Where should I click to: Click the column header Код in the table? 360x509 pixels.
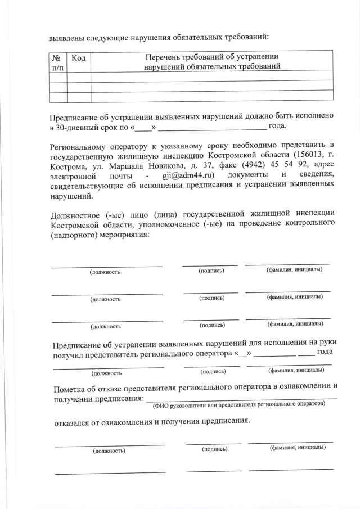[x=79, y=58]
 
